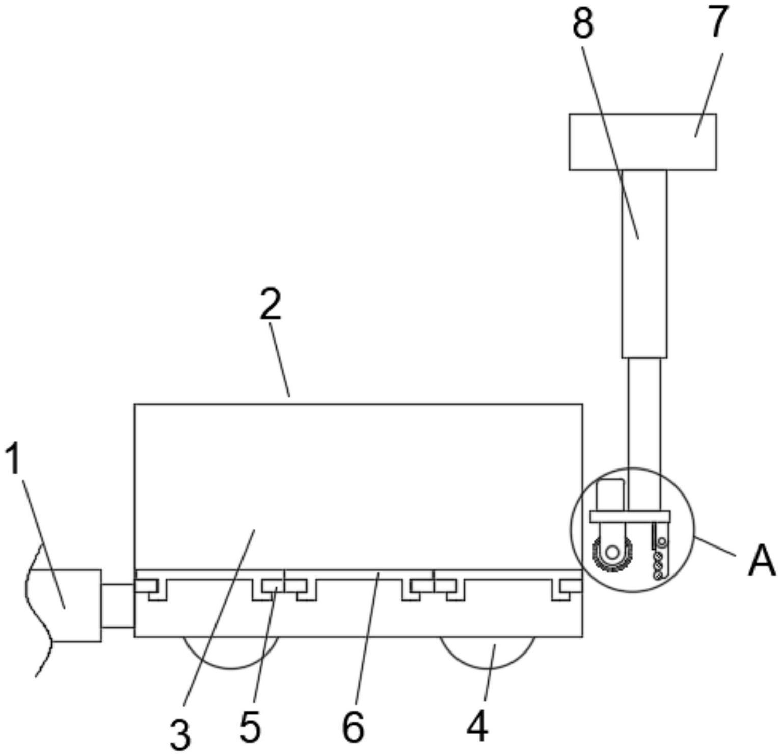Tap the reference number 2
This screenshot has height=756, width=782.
270,305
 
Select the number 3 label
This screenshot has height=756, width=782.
180,734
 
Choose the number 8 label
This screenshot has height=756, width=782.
583,23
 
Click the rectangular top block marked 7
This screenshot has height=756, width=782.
642,142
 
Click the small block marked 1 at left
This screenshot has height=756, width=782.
76,605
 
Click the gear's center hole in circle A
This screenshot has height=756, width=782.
612,552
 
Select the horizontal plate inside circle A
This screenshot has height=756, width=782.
630,516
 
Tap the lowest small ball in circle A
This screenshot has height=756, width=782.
659,575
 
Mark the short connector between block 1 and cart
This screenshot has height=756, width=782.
118,606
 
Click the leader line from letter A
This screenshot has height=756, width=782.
716,546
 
